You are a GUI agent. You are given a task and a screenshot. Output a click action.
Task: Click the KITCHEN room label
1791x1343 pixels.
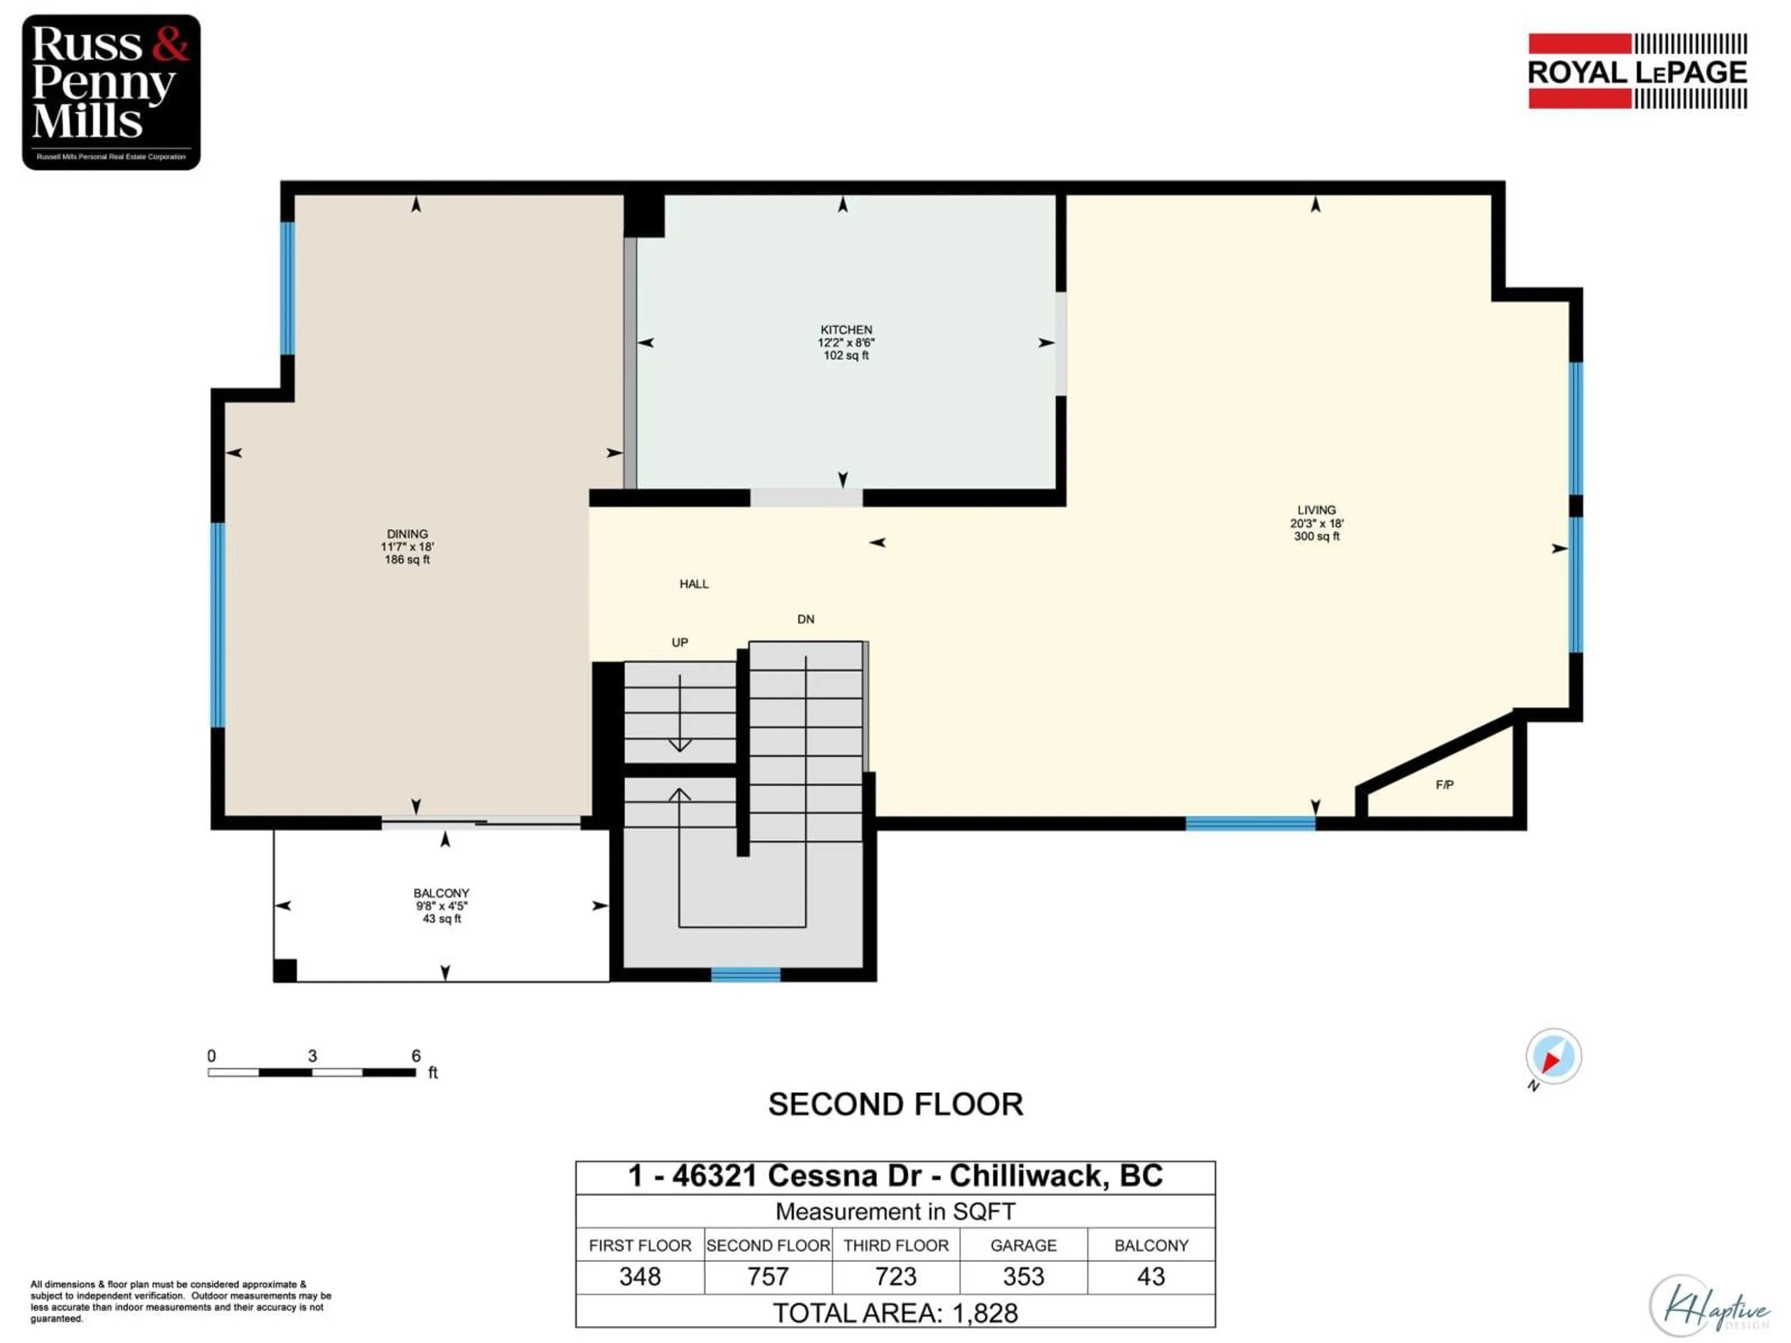pyautogui.click(x=846, y=330)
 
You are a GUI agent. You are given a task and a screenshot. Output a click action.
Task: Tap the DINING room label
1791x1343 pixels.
pyautogui.click(x=407, y=534)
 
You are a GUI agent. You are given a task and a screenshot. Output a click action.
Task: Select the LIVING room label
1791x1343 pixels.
pyautogui.click(x=1317, y=510)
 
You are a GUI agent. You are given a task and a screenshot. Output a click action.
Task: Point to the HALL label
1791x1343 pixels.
pyautogui.click(x=694, y=584)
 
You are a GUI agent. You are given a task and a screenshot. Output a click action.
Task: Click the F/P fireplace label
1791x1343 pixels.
pyautogui.click(x=1444, y=784)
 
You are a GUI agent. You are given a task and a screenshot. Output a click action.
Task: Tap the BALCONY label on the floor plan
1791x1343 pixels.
pyautogui.click(x=441, y=893)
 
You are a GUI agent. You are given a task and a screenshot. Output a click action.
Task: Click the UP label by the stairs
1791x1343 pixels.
pyautogui.click(x=679, y=643)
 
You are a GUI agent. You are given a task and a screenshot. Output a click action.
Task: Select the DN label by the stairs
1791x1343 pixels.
pyautogui.click(x=805, y=619)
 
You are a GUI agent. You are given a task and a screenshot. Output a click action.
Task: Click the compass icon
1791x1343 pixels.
pyautogui.click(x=1553, y=1056)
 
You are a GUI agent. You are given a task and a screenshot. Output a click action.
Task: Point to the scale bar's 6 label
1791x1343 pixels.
pyautogui.click(x=416, y=1056)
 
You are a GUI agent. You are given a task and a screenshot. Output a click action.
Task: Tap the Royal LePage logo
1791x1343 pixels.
pyautogui.click(x=1637, y=71)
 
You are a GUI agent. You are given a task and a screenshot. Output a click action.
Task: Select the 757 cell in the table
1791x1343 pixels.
pyautogui.click(x=768, y=1277)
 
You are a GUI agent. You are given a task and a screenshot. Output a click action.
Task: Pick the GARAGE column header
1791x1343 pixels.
pyautogui.click(x=1023, y=1245)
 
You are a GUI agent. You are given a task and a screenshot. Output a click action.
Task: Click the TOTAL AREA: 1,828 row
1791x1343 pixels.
pyautogui.click(x=895, y=1313)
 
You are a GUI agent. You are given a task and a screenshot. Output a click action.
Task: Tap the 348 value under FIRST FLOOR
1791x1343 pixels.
pyautogui.click(x=639, y=1277)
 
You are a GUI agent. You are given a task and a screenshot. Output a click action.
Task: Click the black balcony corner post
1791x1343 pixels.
pyautogui.click(x=285, y=970)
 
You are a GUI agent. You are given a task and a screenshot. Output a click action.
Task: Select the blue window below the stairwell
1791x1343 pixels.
pyautogui.click(x=746, y=975)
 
